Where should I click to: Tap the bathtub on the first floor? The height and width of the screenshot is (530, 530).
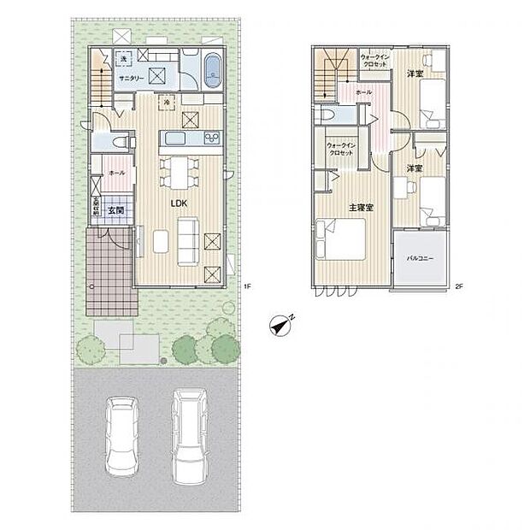[211, 70]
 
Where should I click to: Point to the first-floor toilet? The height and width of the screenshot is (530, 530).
[120, 139]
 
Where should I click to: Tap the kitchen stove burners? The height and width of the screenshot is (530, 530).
[210, 138]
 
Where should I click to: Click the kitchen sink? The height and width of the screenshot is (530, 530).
[174, 138]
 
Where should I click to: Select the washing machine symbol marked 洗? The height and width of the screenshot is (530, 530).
[123, 58]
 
